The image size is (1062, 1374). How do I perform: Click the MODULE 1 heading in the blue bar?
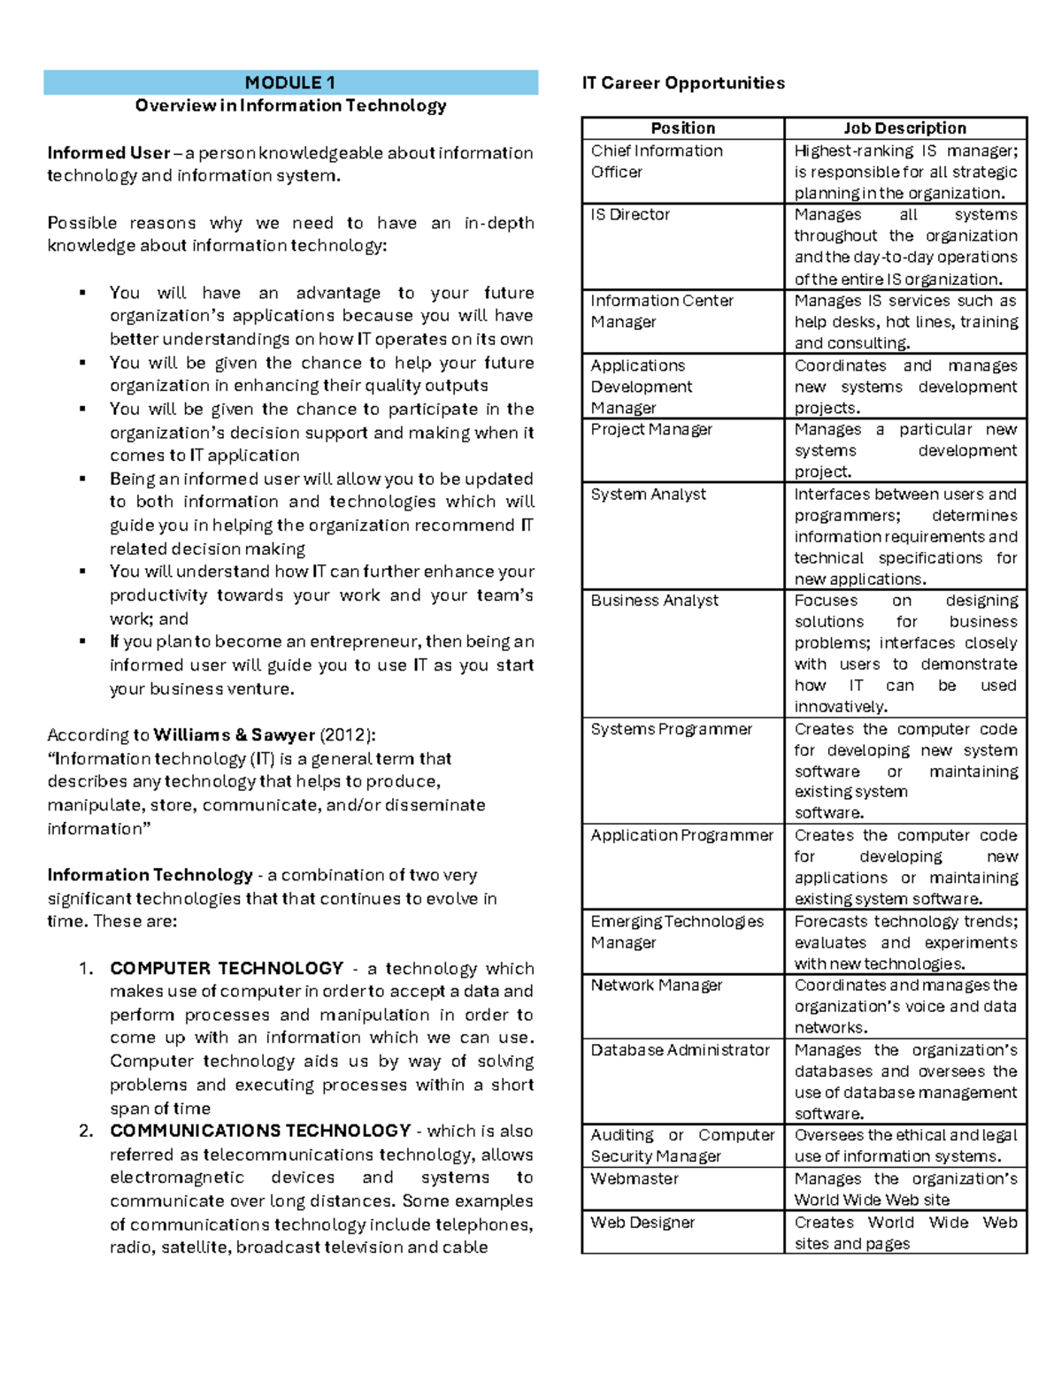(290, 83)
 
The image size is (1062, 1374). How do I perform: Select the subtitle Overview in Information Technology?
(290, 106)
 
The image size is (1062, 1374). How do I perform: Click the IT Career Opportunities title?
(683, 83)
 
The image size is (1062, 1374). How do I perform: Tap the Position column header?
(682, 128)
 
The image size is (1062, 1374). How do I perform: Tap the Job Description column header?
(904, 128)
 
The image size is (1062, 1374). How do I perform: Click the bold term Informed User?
(108, 153)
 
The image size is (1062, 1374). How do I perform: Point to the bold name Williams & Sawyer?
(234, 735)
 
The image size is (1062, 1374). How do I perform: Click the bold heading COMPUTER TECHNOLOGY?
(227, 969)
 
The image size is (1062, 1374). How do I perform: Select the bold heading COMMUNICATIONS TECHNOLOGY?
(260, 1132)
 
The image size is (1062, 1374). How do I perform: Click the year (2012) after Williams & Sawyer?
(347, 735)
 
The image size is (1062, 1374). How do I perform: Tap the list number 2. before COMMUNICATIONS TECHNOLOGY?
(86, 1132)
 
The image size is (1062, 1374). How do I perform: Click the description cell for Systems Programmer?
(905, 771)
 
